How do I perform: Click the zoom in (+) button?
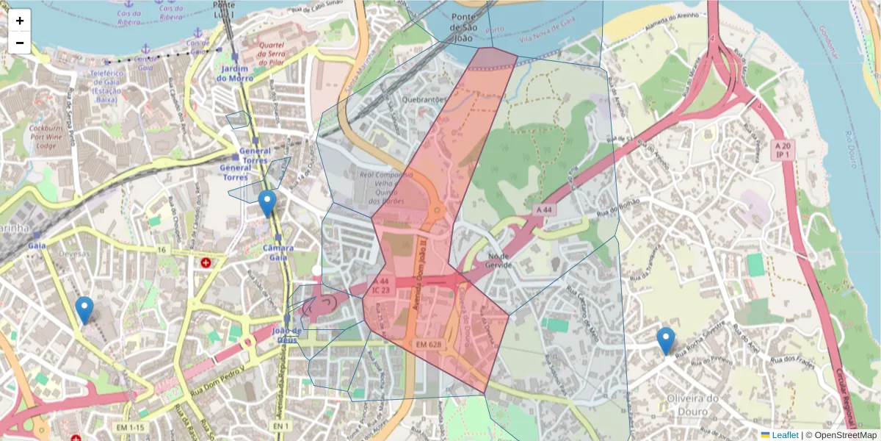20,21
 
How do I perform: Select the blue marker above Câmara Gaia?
267,203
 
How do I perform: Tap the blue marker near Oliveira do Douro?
665,340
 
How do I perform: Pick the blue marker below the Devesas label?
84,309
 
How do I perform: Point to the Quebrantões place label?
424,99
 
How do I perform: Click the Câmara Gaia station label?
278,253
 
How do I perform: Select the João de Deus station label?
286,335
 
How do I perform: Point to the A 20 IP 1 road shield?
783,151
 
